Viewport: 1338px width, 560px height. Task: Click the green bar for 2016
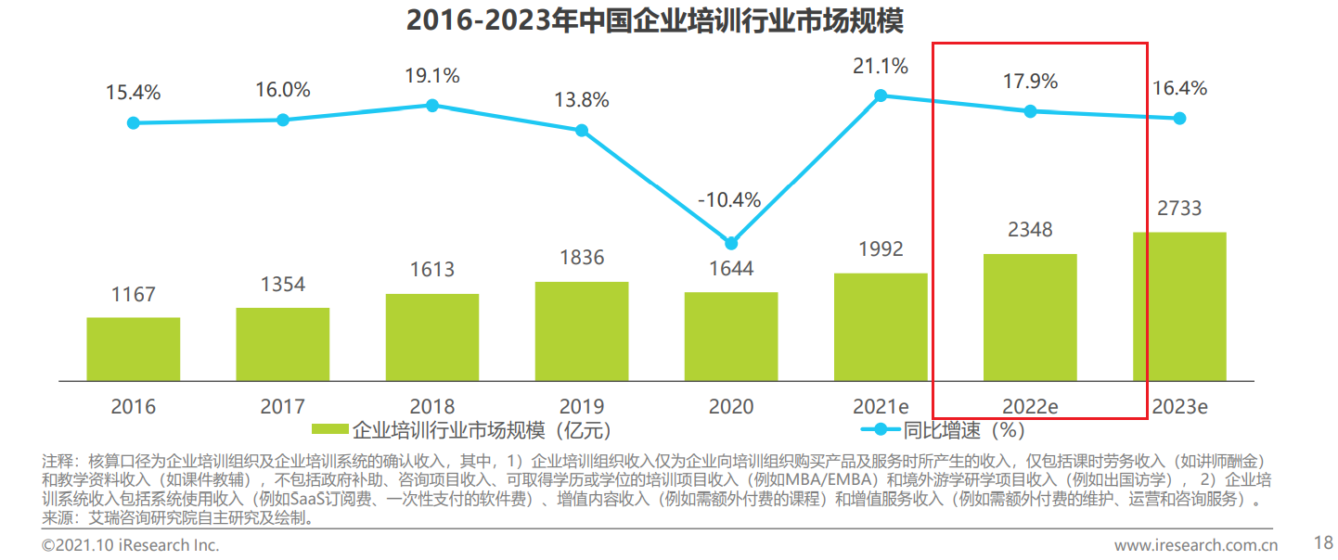(134, 349)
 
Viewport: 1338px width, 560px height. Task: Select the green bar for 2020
(731, 336)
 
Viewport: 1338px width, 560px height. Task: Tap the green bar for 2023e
(1179, 306)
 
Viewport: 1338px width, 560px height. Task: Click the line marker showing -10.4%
(731, 243)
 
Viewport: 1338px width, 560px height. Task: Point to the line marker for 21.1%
(881, 95)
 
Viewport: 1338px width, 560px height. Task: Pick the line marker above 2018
(432, 105)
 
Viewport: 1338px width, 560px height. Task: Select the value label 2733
(1179, 210)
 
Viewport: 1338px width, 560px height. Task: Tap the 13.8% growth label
(582, 99)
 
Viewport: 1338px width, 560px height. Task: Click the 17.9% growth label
(1030, 82)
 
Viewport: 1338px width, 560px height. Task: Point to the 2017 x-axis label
(283, 406)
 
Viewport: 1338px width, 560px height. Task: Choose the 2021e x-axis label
(881, 406)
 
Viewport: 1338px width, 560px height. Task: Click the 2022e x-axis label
(1030, 406)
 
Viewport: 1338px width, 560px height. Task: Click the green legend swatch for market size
(329, 429)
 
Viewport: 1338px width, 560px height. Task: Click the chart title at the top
(655, 19)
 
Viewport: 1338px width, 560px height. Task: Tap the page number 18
(1323, 541)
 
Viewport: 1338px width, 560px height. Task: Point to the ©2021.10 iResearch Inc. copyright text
(130, 544)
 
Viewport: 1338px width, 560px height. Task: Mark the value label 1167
(134, 295)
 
